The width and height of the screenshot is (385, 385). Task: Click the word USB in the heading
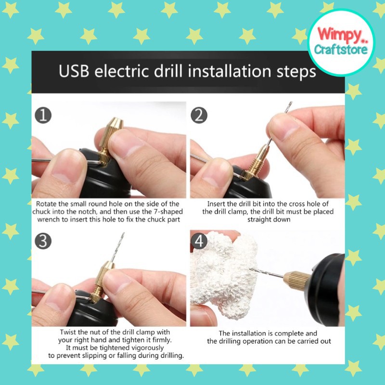coord(74,71)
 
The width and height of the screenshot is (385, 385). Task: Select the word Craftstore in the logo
coord(341,50)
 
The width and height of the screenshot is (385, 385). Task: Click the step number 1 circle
coord(43,115)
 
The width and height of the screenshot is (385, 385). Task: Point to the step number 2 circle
coord(199,115)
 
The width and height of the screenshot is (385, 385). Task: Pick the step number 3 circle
coord(43,241)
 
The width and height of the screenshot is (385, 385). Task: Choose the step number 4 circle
coord(199,241)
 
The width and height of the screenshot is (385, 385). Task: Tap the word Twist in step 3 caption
coord(68,332)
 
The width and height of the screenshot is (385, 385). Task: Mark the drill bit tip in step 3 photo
coord(124,233)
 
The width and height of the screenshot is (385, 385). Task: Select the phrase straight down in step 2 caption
coord(269,219)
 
